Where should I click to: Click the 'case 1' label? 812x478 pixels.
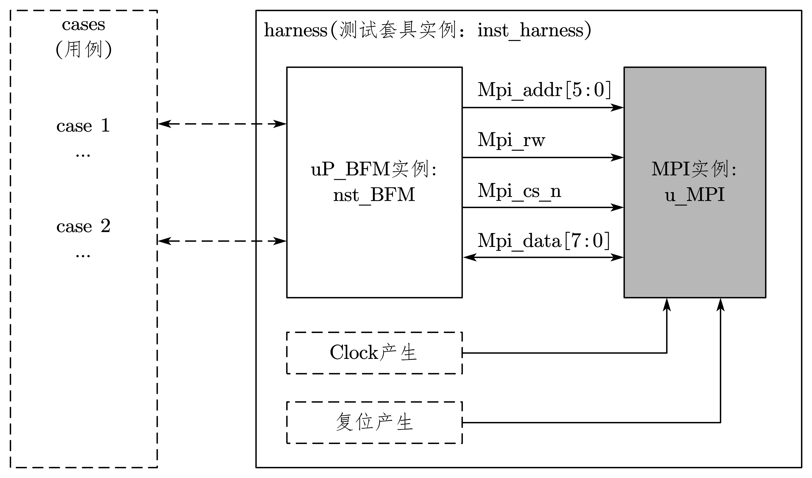click(x=83, y=126)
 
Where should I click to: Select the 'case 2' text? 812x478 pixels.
click(x=83, y=226)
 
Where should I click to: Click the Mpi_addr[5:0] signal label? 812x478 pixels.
click(x=544, y=90)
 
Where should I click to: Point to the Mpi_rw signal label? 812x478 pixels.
click(x=511, y=140)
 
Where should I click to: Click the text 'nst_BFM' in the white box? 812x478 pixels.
click(x=374, y=195)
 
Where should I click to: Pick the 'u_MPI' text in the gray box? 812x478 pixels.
click(x=695, y=195)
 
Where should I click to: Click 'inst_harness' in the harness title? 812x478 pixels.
click(x=530, y=31)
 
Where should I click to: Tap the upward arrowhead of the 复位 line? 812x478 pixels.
click(x=721, y=305)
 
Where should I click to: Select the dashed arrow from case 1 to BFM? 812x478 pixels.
click(x=222, y=124)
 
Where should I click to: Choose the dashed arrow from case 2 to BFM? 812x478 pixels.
click(x=222, y=241)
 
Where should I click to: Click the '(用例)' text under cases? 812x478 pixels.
click(x=84, y=50)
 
